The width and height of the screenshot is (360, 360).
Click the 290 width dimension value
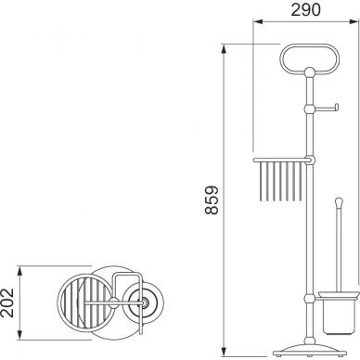coord(305,9)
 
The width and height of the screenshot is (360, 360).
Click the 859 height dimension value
coord(212,199)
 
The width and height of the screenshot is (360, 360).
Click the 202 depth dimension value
coord(7,302)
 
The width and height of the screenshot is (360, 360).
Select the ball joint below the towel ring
coord(309,72)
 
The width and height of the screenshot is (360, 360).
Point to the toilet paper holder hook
coord(327,108)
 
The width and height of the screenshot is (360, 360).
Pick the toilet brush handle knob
coord(339,202)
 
